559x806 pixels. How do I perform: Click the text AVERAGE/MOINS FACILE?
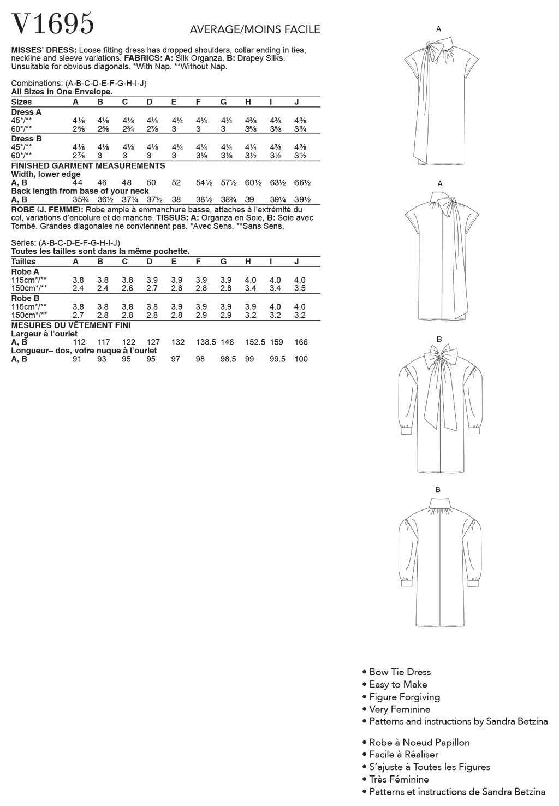click(254, 29)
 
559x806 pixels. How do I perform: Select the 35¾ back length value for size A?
click(78, 200)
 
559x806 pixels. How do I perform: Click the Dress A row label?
click(26, 112)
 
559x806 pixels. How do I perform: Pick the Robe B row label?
click(25, 298)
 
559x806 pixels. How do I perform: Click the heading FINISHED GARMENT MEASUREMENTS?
click(88, 165)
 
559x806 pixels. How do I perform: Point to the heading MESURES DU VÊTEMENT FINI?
click(71, 325)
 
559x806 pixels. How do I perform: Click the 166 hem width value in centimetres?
click(301, 342)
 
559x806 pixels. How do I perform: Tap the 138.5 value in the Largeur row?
click(206, 342)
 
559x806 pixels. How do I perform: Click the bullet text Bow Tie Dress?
click(400, 672)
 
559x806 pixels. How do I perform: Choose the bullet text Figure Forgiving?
click(404, 697)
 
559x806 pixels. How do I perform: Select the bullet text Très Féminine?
click(399, 779)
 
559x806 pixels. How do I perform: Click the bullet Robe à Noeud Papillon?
click(419, 743)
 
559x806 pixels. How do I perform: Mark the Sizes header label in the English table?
click(22, 102)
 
